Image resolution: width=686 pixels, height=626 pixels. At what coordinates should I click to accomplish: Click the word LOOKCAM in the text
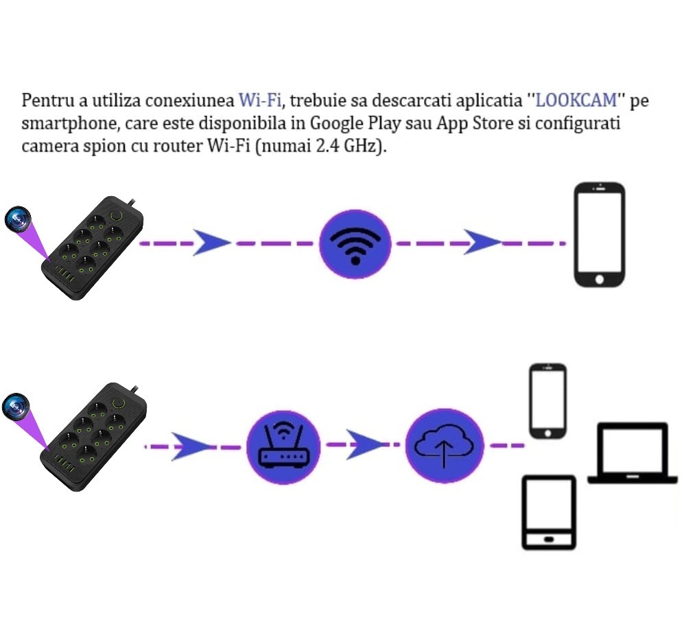click(576, 100)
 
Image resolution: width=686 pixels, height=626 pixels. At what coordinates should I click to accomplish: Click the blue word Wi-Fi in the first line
click(259, 100)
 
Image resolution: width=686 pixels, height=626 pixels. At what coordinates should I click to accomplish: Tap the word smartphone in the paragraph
click(70, 123)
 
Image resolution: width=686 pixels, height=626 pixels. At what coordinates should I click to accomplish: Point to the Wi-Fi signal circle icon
click(355, 244)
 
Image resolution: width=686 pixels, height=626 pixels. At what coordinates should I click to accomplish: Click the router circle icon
click(283, 447)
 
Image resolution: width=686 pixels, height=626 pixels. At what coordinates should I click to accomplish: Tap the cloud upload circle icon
click(444, 446)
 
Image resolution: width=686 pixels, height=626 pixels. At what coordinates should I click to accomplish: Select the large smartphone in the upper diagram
click(600, 234)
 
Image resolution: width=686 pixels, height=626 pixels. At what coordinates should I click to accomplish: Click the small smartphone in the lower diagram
click(547, 401)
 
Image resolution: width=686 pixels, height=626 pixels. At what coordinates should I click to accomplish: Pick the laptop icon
click(632, 453)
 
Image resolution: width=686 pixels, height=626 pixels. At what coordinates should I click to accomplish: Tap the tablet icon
click(549, 512)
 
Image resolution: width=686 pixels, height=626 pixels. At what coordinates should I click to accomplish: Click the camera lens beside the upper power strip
click(18, 219)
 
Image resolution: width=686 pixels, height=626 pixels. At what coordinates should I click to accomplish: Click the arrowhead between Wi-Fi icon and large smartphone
click(482, 242)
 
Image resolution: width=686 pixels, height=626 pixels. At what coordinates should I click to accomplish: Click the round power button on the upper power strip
click(117, 215)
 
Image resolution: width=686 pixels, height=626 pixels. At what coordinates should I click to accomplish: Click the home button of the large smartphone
click(600, 279)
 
